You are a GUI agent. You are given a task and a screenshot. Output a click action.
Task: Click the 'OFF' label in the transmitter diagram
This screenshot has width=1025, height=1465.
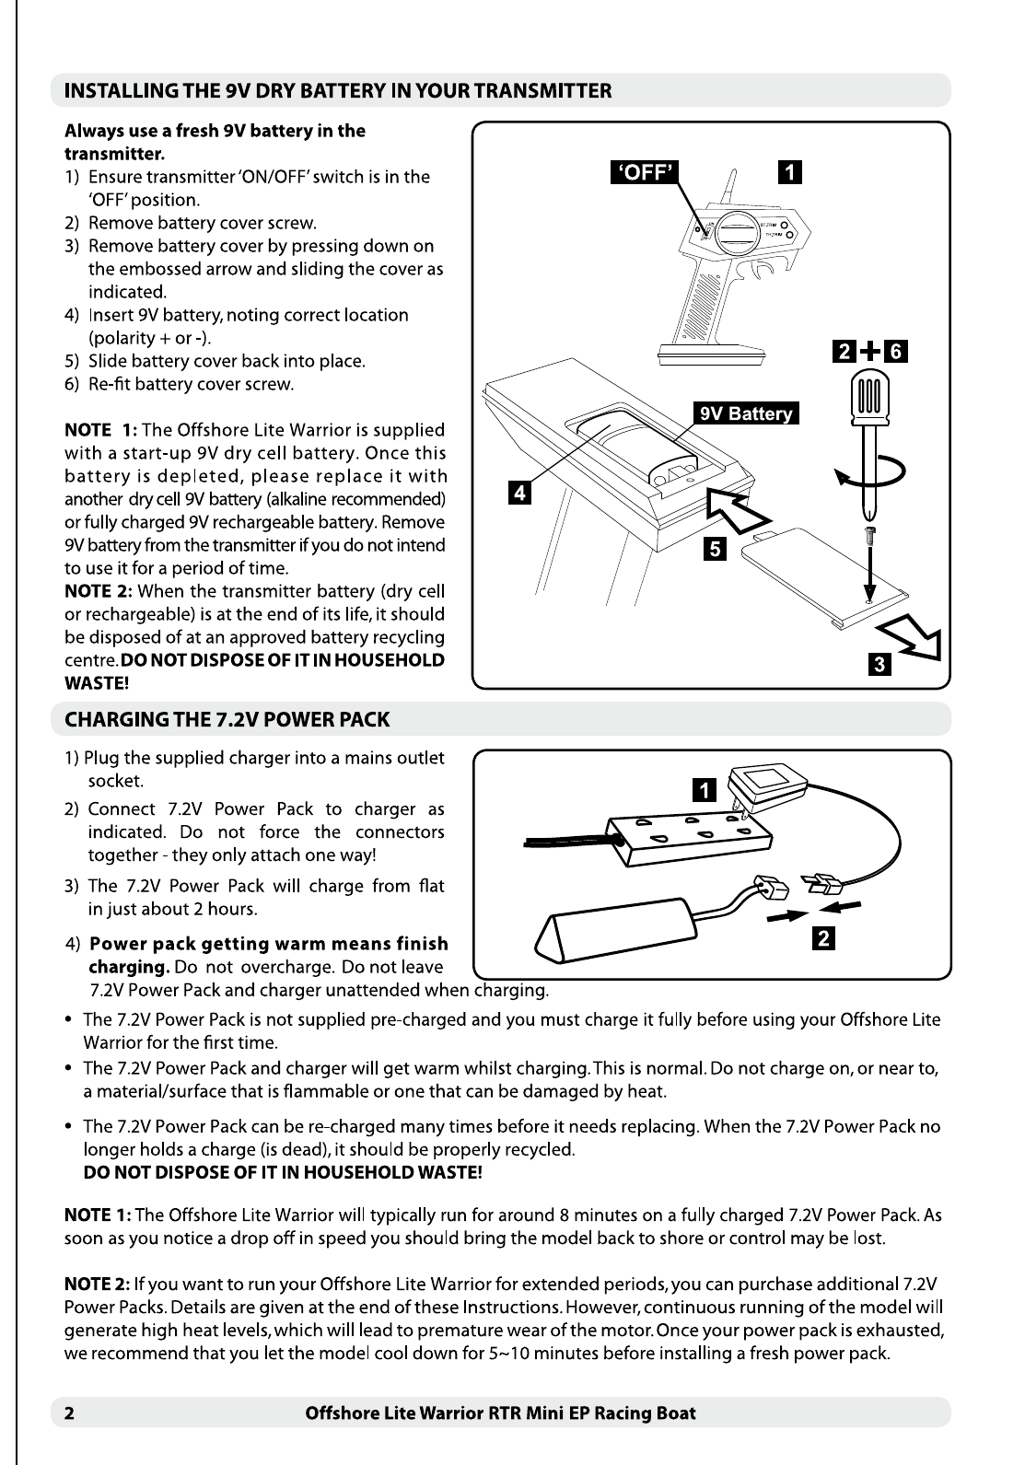[646, 171]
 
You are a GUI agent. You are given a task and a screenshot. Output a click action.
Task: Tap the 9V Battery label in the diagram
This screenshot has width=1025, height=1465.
[746, 413]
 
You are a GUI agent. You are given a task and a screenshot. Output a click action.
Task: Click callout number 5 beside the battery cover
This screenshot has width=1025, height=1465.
[714, 550]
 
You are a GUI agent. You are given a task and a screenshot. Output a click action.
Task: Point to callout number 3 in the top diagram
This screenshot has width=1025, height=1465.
[879, 664]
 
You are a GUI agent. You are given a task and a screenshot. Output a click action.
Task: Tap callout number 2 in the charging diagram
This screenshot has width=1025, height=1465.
[823, 938]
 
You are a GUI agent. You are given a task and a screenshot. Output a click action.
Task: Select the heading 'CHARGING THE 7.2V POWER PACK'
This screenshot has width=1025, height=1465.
[227, 720]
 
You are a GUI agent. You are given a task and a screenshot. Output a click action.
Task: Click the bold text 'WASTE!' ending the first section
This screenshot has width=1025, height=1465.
[96, 683]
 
